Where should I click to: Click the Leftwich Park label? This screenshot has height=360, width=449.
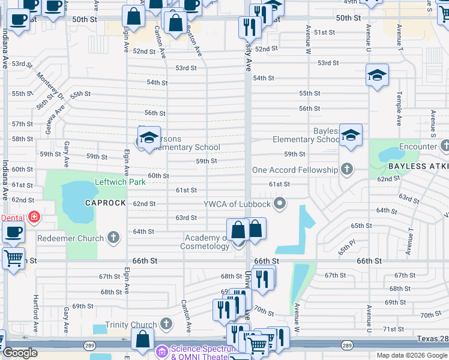click(x=120, y=181)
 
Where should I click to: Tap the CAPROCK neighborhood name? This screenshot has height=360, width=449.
click(x=106, y=203)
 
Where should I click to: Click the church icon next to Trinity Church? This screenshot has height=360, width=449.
click(x=166, y=325)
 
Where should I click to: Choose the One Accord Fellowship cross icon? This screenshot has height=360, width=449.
click(x=346, y=170)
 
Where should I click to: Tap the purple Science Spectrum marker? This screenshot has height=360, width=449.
click(x=161, y=350)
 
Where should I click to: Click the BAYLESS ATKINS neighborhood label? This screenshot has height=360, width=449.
click(x=418, y=166)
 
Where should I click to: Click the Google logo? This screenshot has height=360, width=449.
click(x=20, y=353)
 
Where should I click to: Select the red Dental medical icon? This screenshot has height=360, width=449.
click(x=34, y=217)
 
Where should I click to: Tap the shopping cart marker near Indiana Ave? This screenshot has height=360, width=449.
click(x=13, y=259)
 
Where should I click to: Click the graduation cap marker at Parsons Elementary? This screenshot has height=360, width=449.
click(x=149, y=137)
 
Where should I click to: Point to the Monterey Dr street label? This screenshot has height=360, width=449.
click(x=50, y=86)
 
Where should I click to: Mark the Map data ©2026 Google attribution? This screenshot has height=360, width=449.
click(x=411, y=355)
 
